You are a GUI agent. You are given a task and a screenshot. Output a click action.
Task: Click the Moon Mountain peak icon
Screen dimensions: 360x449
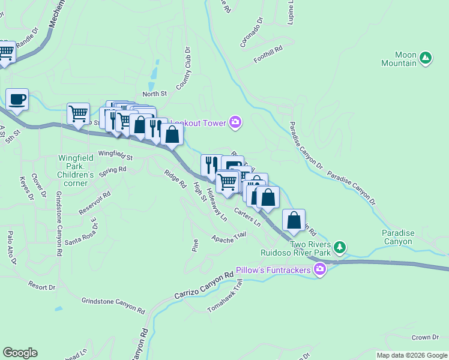click(426, 58)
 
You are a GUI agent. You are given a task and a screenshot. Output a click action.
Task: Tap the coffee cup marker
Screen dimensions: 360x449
click(17, 100)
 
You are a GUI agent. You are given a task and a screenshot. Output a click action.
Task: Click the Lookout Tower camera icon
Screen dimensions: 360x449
click(235, 123)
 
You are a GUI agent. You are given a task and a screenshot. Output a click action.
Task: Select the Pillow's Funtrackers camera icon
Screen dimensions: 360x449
click(320, 270)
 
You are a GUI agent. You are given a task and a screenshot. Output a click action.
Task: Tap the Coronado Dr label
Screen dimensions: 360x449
click(251, 32)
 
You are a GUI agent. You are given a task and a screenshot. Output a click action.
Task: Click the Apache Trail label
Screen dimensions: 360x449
click(229, 238)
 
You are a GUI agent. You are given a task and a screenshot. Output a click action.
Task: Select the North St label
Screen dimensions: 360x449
click(154, 94)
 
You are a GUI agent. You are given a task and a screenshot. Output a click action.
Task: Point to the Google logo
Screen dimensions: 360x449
click(20, 353)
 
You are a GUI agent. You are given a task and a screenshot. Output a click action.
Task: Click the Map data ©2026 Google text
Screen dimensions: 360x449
click(411, 355)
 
